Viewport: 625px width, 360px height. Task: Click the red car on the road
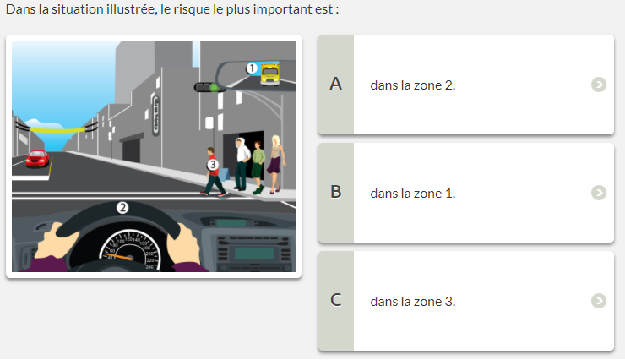click(x=37, y=158)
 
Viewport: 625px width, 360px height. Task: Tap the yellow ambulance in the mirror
click(x=270, y=74)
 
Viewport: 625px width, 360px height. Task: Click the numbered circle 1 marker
click(x=252, y=68)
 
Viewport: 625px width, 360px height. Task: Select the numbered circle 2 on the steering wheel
click(x=122, y=208)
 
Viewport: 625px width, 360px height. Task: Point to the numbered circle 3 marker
click(x=213, y=165)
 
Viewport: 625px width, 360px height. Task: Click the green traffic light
click(x=215, y=87)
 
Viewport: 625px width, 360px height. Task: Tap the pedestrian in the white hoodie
click(x=242, y=164)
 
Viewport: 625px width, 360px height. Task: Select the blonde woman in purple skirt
click(x=276, y=164)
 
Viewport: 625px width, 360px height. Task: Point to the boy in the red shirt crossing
click(x=213, y=172)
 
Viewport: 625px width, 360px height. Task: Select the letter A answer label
click(x=335, y=85)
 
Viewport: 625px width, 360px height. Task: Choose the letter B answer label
click(x=335, y=192)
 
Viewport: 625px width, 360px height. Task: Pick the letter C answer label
click(x=335, y=300)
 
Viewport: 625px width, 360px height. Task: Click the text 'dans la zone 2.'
click(x=412, y=85)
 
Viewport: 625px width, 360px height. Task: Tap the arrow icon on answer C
click(x=598, y=301)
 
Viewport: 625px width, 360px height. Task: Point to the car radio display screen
click(x=254, y=254)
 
